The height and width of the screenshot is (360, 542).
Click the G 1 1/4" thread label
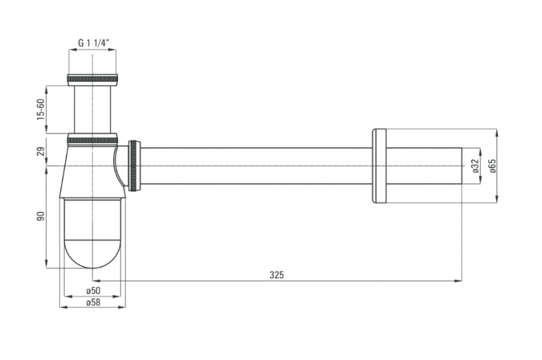coord(94,43)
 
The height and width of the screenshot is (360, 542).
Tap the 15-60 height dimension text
coord(41,109)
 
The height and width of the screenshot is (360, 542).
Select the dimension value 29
coord(41,151)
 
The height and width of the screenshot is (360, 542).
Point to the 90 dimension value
coord(41,216)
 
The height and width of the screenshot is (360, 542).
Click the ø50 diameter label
coord(93,290)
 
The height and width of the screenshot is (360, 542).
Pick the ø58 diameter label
coord(93,302)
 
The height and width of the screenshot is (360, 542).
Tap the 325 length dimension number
coord(276,275)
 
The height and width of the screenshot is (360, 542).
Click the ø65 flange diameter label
coord(492,165)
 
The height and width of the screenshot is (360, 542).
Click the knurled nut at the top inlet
coord(92,80)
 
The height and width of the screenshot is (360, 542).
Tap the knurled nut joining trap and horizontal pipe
coord(134,165)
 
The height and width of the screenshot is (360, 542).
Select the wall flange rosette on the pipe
coord(379,165)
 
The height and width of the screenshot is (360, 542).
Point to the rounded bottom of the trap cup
coord(93,254)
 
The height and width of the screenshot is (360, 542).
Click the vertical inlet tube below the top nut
coord(92,110)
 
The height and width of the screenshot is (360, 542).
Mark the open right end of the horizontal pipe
coord(462,165)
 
